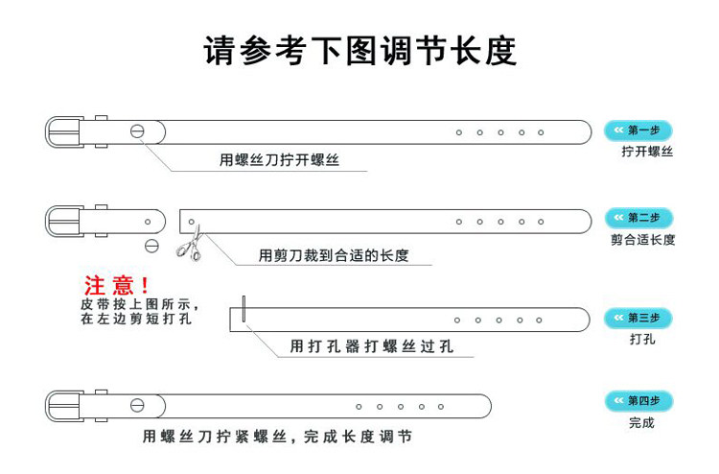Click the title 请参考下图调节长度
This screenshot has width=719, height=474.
click(x=359, y=50)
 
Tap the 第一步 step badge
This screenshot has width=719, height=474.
click(x=638, y=130)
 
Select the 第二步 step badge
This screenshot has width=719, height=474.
click(x=638, y=218)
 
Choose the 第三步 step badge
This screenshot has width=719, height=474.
click(x=638, y=318)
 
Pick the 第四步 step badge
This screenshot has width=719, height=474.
click(x=638, y=400)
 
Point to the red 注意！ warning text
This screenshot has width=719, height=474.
click(x=117, y=285)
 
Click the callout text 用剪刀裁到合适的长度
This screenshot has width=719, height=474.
click(x=334, y=255)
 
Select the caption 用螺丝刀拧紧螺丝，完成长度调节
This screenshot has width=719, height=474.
click(x=277, y=437)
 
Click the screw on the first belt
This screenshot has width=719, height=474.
click(x=138, y=131)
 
